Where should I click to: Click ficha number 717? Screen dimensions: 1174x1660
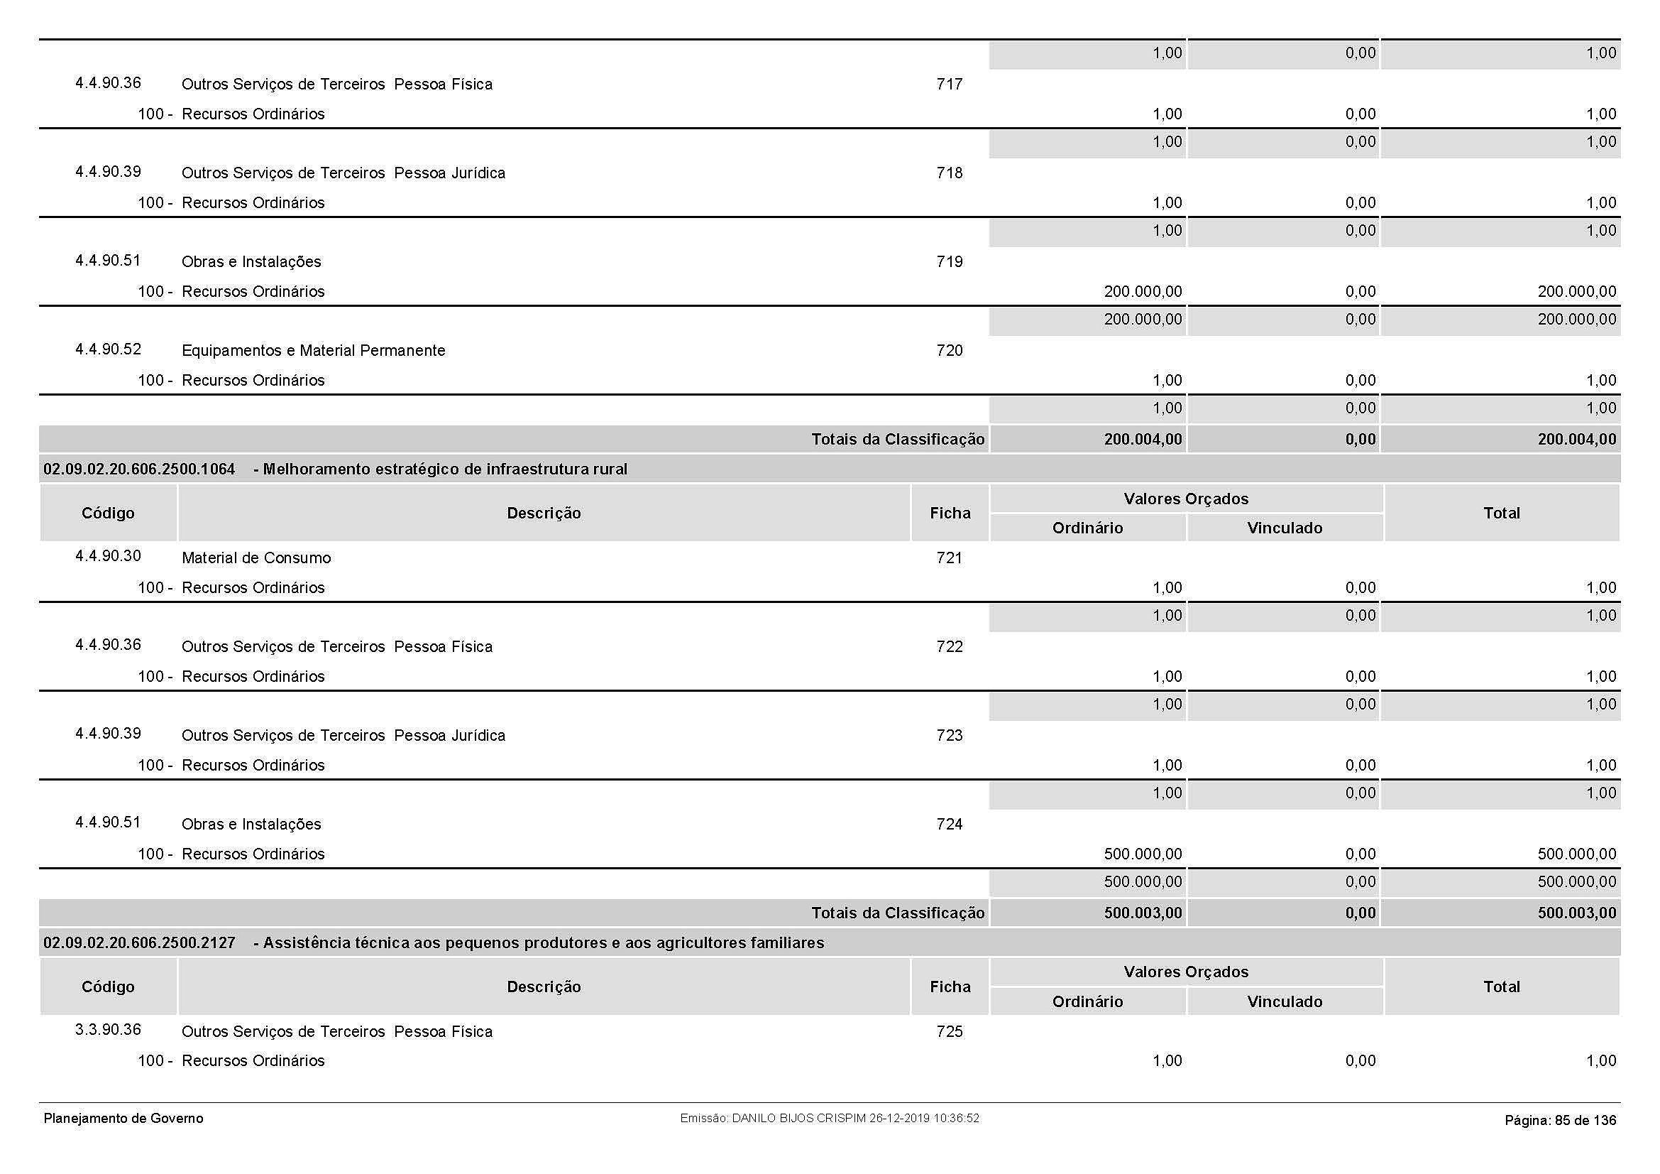tap(950, 84)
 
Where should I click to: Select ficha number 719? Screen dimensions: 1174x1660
tap(950, 262)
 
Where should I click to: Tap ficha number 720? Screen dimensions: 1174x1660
tap(950, 351)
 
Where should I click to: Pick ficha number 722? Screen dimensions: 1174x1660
tap(950, 647)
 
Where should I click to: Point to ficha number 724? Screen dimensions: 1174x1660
tap(950, 824)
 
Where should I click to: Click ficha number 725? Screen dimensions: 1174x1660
tap(950, 1031)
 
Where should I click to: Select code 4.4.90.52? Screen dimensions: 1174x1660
tap(109, 349)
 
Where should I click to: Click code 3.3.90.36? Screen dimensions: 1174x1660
tap(109, 1029)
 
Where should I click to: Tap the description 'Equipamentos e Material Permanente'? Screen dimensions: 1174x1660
tap(313, 351)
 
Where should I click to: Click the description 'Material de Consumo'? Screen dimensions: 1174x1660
tap(256, 558)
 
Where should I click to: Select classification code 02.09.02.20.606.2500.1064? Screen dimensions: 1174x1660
tap(140, 469)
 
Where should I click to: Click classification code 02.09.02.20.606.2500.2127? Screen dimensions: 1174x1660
tap(140, 943)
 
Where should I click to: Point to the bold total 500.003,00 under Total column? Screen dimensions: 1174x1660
tap(1576, 913)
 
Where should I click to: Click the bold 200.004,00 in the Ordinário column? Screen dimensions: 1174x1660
tap(1143, 439)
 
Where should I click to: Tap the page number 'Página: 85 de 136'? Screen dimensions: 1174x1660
tap(1560, 1121)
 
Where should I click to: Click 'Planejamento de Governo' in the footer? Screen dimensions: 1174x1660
tap(123, 1119)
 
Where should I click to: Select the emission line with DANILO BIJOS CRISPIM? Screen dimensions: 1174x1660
tap(829, 1119)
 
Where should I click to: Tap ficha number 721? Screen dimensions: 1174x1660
tap(950, 558)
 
